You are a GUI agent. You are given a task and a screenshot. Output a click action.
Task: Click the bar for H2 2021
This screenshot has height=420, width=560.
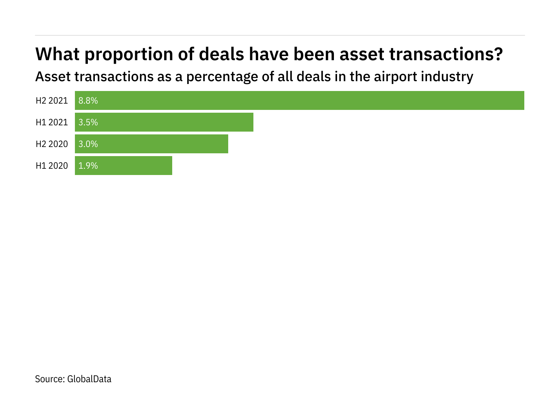coord(300,100)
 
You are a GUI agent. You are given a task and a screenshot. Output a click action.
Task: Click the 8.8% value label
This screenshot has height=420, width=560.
coord(88,101)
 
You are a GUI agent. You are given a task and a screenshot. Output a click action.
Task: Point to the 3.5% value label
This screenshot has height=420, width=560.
coord(88,122)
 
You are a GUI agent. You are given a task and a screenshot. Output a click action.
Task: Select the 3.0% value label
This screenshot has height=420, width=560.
coord(88,144)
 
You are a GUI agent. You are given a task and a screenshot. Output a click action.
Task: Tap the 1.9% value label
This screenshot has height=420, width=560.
coord(88,166)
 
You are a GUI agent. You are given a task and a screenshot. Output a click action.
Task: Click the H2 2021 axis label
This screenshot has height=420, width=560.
coord(52,101)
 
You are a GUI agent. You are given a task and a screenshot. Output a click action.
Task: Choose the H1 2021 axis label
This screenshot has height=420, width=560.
coord(52,122)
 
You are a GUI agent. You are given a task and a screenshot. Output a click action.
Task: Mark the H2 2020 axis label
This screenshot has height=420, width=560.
coord(52,144)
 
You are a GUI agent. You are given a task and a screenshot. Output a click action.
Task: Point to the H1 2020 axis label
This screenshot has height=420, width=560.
coord(52,166)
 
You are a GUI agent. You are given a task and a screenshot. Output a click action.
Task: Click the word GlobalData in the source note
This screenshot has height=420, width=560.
coord(89,379)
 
